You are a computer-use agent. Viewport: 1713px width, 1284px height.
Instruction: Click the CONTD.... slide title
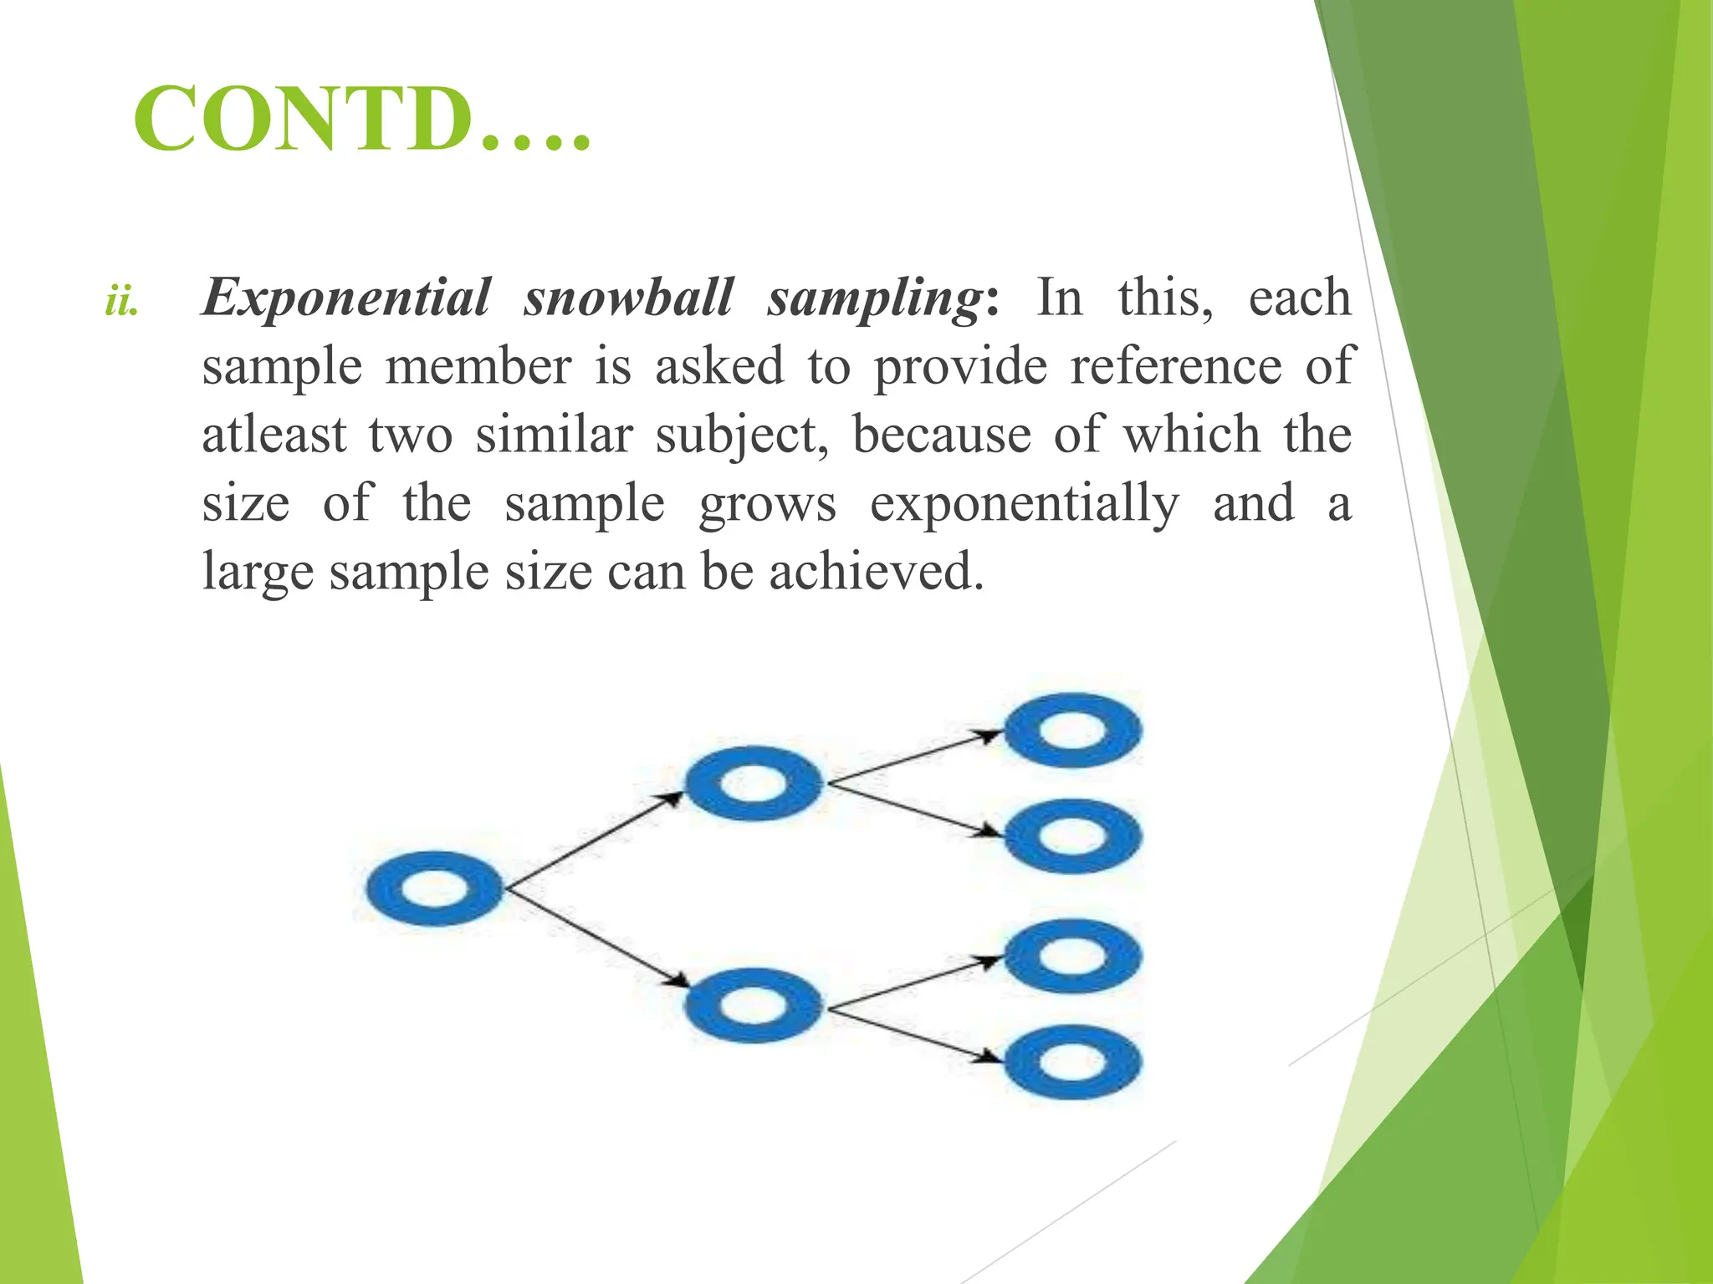(361, 120)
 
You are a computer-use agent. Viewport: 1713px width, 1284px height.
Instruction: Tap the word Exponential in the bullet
(346, 298)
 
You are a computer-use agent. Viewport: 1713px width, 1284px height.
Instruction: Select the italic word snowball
(628, 298)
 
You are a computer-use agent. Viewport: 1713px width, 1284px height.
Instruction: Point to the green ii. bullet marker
(122, 302)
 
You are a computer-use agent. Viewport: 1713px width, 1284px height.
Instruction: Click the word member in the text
(478, 366)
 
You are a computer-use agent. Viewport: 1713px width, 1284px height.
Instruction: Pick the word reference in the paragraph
(1176, 366)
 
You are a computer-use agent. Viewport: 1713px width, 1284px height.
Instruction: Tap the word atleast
(274, 435)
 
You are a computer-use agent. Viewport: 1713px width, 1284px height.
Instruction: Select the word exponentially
(1025, 504)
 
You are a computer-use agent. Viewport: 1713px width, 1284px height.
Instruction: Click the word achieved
(876, 572)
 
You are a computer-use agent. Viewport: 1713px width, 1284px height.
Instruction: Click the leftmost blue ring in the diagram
(435, 888)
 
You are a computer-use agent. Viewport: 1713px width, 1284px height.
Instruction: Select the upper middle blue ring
(754, 783)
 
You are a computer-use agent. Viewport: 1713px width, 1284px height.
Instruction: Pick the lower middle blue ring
(754, 1005)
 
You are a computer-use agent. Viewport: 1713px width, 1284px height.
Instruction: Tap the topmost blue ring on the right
(1072, 730)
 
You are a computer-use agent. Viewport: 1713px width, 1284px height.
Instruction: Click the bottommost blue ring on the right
(1072, 1062)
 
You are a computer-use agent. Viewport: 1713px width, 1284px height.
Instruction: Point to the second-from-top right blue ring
(1072, 836)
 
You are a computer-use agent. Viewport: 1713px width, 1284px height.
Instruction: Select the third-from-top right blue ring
(1072, 955)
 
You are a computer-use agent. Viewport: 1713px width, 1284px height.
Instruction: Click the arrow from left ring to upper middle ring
(594, 836)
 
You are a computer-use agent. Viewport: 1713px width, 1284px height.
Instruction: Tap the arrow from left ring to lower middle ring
(594, 938)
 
